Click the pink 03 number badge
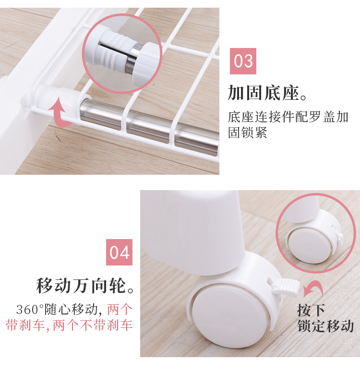243,61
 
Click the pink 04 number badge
119,252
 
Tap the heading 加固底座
263,93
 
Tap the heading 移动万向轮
81,286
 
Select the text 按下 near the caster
311,310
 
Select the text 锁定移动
325,326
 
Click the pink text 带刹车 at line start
25,325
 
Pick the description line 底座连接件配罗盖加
288,117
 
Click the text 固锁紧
248,133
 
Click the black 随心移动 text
71,310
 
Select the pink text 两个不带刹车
93,325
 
